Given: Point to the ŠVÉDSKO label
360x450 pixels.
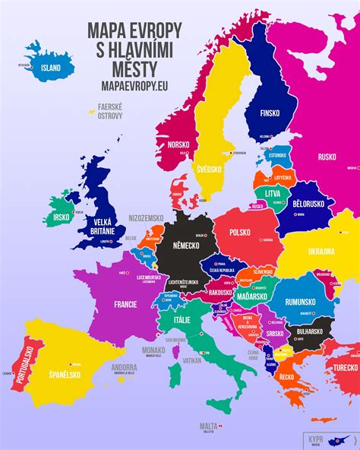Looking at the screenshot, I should tap(207, 169).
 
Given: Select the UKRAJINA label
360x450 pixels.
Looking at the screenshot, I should tap(321, 252).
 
